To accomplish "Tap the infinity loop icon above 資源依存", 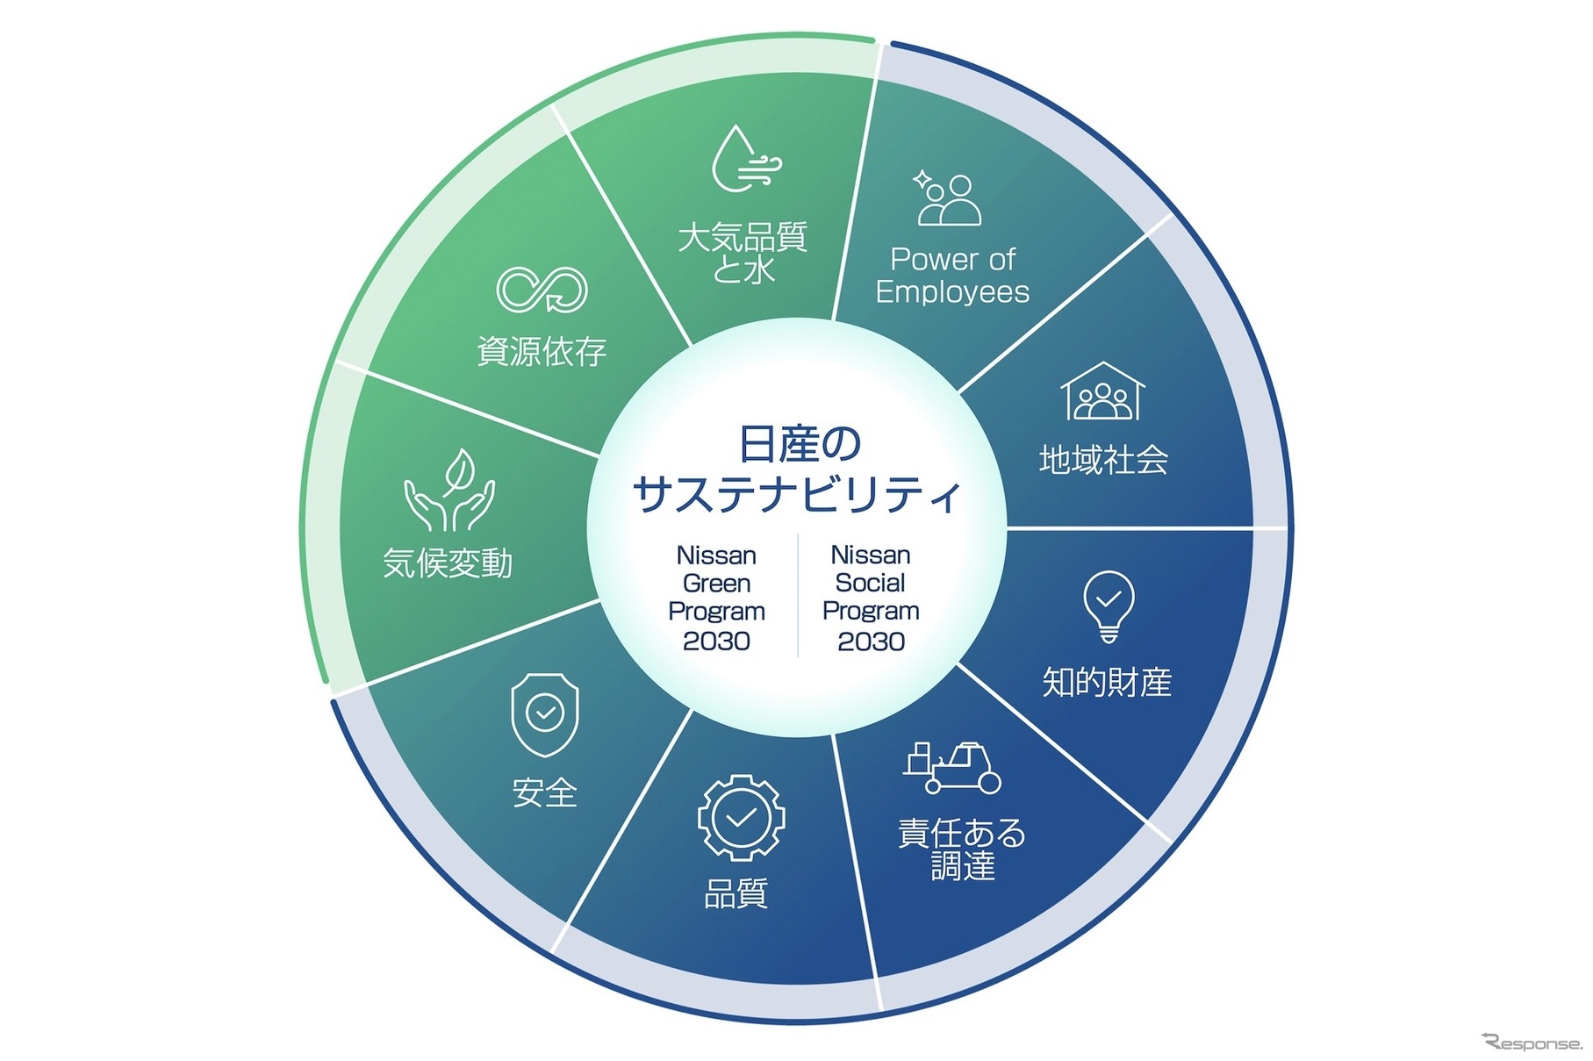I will pos(542,289).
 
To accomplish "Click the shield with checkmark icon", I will pos(544,714).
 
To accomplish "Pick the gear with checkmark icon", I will pos(741,818).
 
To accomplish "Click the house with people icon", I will pos(1103,392).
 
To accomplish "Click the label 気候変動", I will pos(448,563).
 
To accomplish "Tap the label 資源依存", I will pos(542,351).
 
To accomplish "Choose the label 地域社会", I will pos(1103,460).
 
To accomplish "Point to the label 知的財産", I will pos(1107,682).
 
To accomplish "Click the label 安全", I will pos(544,793).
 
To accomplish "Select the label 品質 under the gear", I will pos(736,893).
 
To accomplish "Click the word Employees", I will pos(952,291).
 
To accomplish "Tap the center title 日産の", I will pos(799,444).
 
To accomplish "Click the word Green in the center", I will pos(716,584).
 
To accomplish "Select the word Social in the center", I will pos(871,584).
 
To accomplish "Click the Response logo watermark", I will pos(1532,1042).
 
